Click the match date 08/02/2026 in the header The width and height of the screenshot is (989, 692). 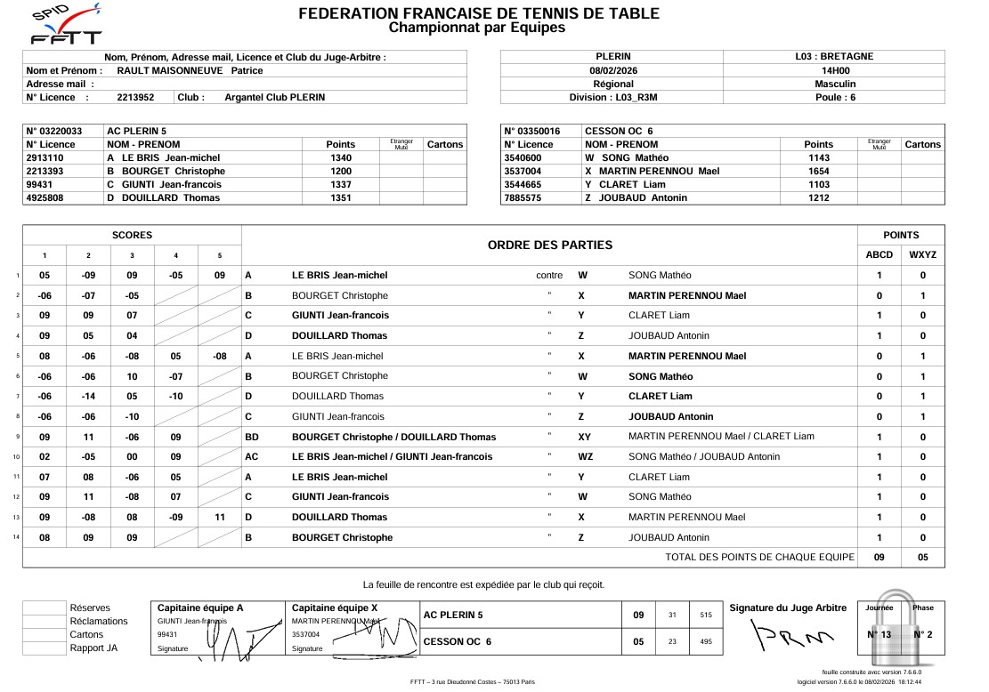(x=612, y=70)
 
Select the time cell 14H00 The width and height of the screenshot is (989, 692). (x=834, y=70)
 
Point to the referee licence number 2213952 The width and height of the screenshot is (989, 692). (x=135, y=98)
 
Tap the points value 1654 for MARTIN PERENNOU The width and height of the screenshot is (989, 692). (x=818, y=171)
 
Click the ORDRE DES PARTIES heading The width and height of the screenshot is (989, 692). (x=550, y=245)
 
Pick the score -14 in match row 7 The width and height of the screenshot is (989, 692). (x=88, y=397)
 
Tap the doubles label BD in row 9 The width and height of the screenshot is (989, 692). (x=252, y=437)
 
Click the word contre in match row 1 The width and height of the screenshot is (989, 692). (x=549, y=276)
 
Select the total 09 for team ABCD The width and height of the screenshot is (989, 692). (x=879, y=557)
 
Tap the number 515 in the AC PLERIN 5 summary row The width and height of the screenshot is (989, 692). (x=706, y=615)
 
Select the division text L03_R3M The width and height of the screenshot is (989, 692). (x=636, y=97)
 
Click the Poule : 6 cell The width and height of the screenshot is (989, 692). (x=834, y=97)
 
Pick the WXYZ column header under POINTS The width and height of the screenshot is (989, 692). (x=922, y=255)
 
